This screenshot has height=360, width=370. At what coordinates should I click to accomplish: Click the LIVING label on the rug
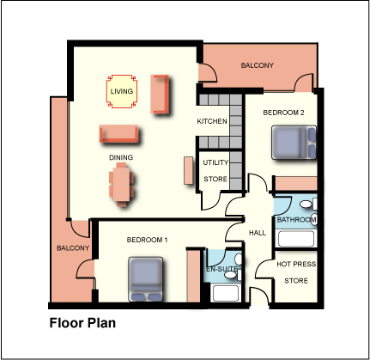click(122, 91)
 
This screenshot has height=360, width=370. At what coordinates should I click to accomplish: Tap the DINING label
click(121, 157)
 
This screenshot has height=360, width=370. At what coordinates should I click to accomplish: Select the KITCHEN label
click(212, 121)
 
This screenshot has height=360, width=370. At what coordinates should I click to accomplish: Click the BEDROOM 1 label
click(147, 240)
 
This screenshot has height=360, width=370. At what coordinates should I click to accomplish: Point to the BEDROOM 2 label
click(283, 113)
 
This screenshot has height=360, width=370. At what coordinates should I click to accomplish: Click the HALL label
click(258, 233)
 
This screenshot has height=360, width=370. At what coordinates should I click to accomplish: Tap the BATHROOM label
click(297, 220)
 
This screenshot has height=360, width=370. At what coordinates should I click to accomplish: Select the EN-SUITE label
click(222, 269)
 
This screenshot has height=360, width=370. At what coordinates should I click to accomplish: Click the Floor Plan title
click(82, 323)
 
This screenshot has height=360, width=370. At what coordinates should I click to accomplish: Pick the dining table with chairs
click(121, 185)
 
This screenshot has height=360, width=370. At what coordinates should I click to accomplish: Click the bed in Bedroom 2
click(294, 143)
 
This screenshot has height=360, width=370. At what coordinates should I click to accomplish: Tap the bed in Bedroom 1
click(146, 279)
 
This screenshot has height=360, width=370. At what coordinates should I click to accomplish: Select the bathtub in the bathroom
click(296, 239)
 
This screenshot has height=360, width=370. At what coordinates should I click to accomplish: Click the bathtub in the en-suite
click(226, 293)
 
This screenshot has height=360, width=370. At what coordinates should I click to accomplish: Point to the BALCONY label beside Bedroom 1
click(73, 248)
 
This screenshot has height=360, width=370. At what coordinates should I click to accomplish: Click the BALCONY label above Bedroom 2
click(258, 65)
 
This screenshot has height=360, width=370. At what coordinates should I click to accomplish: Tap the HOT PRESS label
click(296, 264)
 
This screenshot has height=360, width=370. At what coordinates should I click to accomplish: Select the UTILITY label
click(215, 162)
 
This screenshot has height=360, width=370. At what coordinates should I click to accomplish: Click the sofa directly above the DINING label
click(119, 134)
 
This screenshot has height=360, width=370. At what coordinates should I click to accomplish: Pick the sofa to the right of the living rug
click(160, 94)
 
